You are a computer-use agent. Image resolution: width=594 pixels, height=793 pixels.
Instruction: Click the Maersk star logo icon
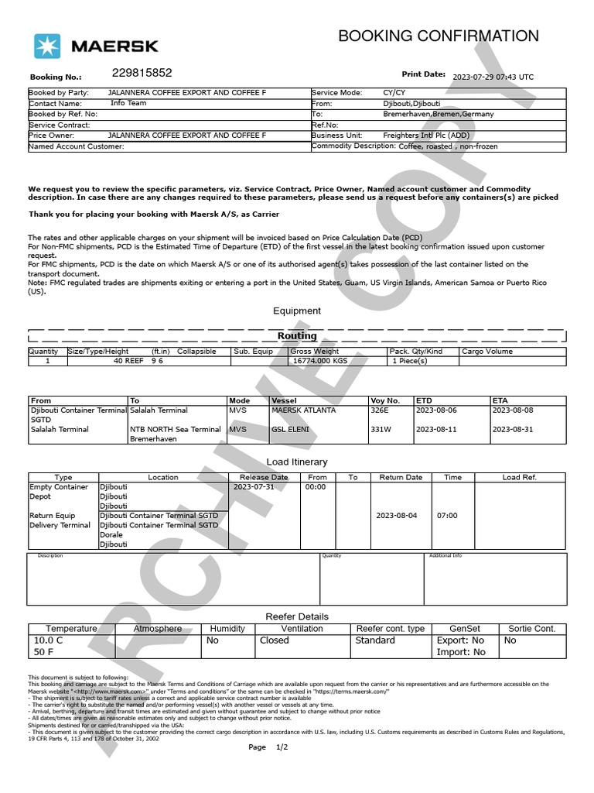point(46,46)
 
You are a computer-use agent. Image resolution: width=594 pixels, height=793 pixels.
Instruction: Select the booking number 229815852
point(142,73)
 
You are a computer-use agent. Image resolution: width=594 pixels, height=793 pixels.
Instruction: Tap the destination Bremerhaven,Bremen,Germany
point(438,114)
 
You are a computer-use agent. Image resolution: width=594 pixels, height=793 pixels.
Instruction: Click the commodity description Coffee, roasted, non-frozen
point(448,146)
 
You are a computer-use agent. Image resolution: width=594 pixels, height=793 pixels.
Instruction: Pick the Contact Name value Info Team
point(128,103)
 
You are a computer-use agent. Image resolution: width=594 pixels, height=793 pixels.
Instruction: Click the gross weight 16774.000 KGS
point(320,361)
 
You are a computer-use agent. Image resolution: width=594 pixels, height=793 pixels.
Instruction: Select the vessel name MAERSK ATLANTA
point(303,410)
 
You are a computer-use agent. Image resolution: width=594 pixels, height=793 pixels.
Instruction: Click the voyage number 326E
point(380,410)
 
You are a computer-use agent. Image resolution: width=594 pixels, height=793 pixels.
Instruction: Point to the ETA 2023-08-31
point(513,429)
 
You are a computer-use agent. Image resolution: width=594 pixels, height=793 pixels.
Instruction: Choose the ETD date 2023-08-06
point(436,410)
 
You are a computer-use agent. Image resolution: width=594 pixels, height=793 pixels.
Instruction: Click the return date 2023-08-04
point(396,516)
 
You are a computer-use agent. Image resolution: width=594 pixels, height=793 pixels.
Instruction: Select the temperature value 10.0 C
point(48,640)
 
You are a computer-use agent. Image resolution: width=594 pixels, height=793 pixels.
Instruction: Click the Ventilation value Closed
point(274,640)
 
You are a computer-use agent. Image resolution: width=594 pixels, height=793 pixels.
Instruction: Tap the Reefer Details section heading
point(297,616)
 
